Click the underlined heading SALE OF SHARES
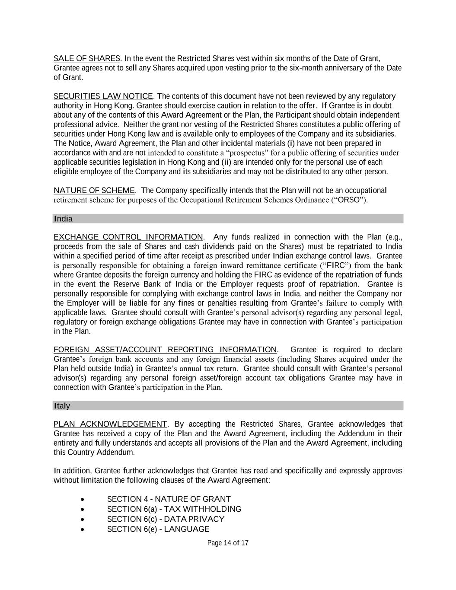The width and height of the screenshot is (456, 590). point(87,58)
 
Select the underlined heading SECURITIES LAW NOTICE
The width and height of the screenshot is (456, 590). point(103,96)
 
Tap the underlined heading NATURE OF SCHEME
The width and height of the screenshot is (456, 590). point(94,191)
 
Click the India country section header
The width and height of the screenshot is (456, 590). point(64,219)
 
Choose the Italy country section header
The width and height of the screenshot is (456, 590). point(62,406)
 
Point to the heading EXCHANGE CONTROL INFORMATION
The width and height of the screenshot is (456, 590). point(128,237)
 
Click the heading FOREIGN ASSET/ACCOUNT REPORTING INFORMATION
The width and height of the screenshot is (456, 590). point(165,350)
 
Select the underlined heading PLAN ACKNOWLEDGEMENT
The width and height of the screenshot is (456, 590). point(110,424)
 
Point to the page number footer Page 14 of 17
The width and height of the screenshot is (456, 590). point(228,543)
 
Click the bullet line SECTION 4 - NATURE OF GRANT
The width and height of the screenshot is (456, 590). point(169,499)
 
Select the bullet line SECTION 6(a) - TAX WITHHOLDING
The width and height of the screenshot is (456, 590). point(174,509)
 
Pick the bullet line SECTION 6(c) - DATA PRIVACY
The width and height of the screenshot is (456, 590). point(166,519)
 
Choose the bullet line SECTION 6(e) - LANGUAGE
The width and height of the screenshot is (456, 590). point(158,529)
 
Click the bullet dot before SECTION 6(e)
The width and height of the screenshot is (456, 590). point(83,529)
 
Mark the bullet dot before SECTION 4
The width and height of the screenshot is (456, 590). point(83,500)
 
